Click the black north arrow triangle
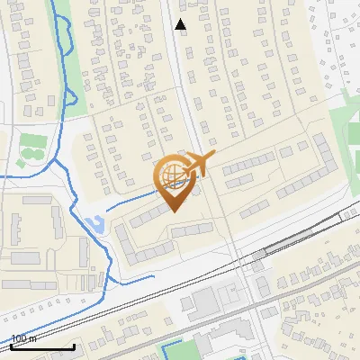point(181,25)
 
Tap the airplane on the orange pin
point(199,165)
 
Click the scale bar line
point(41,346)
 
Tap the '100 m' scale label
point(23,338)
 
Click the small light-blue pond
point(94,222)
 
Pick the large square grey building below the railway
point(203,304)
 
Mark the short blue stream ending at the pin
point(135,200)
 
